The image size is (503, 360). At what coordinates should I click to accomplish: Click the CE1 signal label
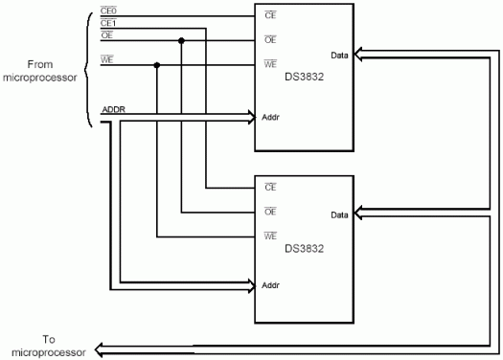point(108,23)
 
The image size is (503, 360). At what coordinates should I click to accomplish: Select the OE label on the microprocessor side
point(106,35)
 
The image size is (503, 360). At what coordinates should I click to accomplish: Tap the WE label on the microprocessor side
point(107,59)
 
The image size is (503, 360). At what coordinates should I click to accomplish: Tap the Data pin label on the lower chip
point(339,215)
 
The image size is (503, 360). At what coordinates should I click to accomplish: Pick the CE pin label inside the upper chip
point(270,16)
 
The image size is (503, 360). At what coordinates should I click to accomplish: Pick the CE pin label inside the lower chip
point(270,187)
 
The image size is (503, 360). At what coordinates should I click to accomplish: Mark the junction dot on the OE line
point(181,40)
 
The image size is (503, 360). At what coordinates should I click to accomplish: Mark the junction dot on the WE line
point(156,65)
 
